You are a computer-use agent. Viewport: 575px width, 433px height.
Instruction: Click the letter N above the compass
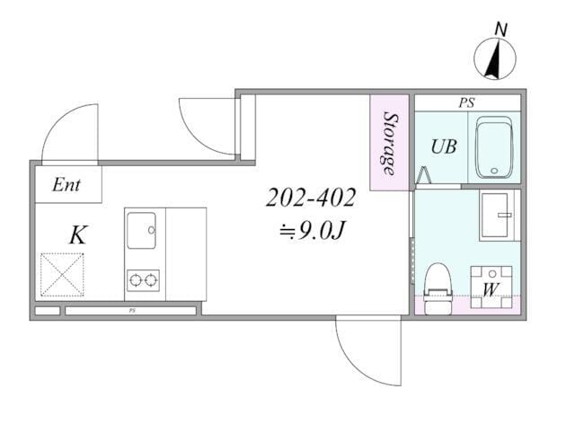tap(500, 30)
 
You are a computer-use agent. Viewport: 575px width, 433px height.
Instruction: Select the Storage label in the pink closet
tap(389, 144)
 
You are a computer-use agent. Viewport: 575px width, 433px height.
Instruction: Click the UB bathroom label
tap(444, 146)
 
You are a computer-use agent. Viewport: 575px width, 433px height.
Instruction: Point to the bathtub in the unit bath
tap(493, 147)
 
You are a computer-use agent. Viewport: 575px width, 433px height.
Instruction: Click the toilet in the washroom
tap(438, 288)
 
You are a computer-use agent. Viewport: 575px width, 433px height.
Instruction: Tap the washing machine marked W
tap(491, 287)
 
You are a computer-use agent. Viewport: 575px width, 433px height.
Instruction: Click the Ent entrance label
tap(66, 184)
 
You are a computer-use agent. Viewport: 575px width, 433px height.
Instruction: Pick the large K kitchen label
tap(78, 234)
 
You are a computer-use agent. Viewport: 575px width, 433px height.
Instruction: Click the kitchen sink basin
tap(142, 230)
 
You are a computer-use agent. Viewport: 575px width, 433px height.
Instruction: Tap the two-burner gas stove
tap(144, 280)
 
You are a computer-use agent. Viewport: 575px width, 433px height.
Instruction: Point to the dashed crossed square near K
tap(62, 274)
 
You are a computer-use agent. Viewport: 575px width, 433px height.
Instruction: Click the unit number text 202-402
tap(311, 198)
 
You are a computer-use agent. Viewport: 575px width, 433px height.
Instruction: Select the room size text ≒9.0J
tap(312, 232)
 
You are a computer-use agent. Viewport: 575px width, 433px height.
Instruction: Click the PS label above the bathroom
tap(467, 103)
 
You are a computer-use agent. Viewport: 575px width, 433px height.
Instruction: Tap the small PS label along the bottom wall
tap(132, 311)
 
